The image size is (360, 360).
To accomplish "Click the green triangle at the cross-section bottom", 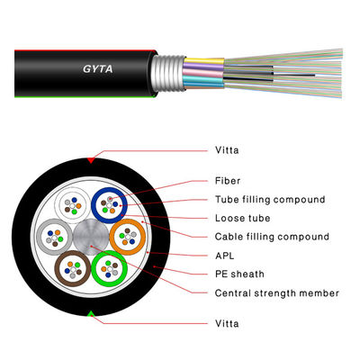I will (90, 313).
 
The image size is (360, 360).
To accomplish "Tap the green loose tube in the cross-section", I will (109, 267).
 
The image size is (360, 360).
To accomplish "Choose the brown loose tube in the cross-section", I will (71, 268).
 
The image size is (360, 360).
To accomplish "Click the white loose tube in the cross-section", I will (73, 205).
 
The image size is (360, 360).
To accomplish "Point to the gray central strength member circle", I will (90, 237).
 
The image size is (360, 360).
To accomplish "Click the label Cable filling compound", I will (271, 237).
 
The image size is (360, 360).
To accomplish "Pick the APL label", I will (224, 256).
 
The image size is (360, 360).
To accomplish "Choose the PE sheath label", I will (236, 274).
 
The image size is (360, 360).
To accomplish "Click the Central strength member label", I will (276, 292).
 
